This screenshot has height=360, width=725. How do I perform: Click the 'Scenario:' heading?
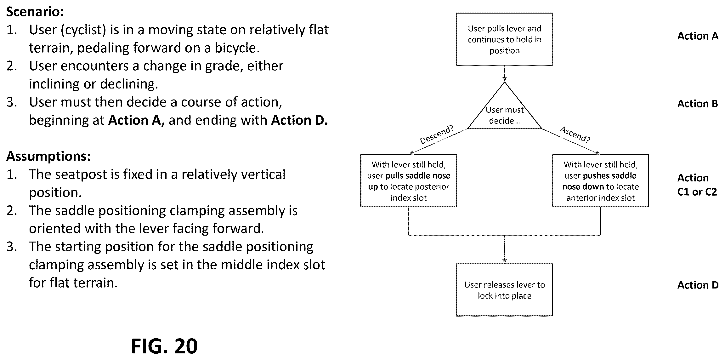tap(35, 12)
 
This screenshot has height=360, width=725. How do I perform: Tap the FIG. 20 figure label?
tap(164, 346)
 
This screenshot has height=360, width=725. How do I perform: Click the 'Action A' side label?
tap(698, 36)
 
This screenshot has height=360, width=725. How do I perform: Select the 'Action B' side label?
tap(698, 104)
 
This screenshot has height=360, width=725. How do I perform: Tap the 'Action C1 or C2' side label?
tap(697, 185)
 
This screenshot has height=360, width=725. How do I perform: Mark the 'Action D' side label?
tap(698, 285)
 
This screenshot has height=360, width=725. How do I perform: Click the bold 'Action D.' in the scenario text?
tap(299, 120)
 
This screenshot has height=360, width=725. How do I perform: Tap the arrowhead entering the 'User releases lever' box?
tap(505, 261)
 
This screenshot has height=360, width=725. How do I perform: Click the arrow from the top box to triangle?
tap(505, 74)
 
